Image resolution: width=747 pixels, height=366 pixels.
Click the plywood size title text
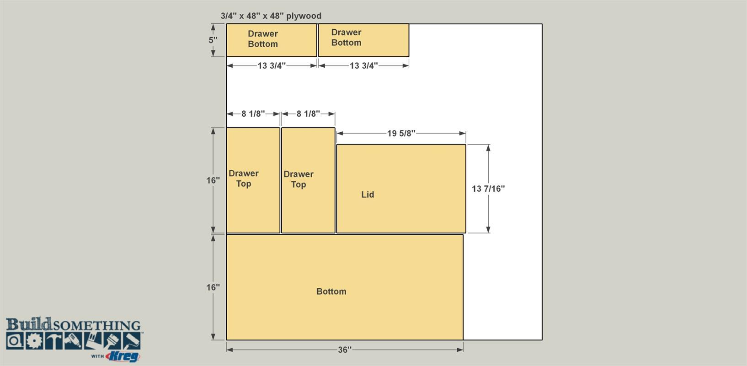coord(271,16)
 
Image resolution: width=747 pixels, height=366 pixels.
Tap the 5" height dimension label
coord(213,40)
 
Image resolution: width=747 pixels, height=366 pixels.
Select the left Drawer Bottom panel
coord(272,40)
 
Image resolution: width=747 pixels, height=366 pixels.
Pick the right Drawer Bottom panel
coord(363,40)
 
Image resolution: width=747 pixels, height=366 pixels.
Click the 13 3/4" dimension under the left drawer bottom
coord(272,65)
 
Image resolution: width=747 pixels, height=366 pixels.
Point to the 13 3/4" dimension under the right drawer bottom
coord(363,65)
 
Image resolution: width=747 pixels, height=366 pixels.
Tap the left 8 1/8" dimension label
coord(253,114)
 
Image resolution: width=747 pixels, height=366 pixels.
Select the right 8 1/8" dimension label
coord(308,114)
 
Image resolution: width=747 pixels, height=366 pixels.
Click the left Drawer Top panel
coord(253,180)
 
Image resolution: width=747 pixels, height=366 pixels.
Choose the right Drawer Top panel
coord(308,180)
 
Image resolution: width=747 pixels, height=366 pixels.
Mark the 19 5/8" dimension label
coord(401,134)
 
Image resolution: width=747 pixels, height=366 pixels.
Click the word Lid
coord(368,194)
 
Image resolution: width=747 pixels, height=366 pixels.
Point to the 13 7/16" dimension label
coord(488,189)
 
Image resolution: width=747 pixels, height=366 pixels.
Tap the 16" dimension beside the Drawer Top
coord(213,181)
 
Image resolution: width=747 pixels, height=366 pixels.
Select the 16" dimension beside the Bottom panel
coord(213,287)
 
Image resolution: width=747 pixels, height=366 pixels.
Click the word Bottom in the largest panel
coord(331,291)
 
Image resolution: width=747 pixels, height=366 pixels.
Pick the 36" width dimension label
coord(345,350)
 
